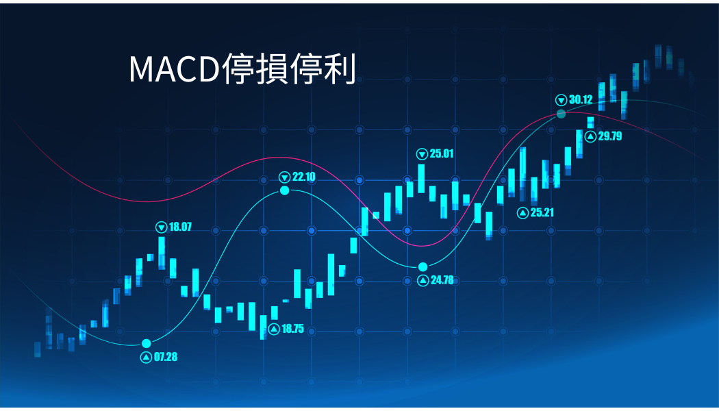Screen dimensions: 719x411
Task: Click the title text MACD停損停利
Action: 242,69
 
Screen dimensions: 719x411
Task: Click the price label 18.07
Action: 180,227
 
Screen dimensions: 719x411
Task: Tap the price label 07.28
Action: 166,357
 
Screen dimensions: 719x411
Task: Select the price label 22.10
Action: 303,177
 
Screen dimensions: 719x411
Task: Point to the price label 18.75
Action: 292,329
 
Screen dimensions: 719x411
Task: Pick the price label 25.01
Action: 442,153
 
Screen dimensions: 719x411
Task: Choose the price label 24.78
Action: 442,279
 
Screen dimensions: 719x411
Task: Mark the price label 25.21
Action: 542,212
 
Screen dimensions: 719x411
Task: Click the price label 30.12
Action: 581,99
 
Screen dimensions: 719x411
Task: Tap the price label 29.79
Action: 610,136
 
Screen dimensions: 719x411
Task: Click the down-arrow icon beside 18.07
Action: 162,227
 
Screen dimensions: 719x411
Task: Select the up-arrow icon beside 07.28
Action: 147,358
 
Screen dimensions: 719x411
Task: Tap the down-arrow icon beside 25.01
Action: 422,154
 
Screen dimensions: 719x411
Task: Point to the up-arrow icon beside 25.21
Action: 522,213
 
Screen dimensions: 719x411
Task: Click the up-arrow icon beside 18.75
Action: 274,329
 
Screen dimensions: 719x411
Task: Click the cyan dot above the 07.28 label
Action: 147,344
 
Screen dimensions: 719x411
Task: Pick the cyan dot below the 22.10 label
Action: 285,190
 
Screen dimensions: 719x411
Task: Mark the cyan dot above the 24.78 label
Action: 422,267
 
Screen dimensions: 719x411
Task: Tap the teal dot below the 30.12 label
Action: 562,114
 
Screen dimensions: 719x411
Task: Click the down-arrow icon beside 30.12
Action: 562,100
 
